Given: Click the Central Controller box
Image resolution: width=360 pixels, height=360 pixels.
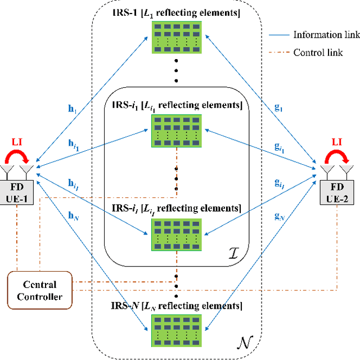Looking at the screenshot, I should click(39, 290).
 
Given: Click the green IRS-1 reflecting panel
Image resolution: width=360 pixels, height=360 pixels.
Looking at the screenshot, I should click(176, 38).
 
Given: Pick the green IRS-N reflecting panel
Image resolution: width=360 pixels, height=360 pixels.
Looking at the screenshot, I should click(176, 332).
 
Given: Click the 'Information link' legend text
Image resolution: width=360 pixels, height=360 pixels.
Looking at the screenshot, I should click(326, 34).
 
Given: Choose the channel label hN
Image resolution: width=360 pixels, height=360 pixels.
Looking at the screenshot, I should click(73, 217).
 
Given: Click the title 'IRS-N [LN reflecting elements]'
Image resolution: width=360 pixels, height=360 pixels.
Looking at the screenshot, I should click(176, 306).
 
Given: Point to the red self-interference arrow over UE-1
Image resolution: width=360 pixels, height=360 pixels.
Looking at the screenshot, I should click(19, 156).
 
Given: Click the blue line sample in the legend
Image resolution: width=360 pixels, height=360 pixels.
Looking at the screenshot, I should click(275, 35).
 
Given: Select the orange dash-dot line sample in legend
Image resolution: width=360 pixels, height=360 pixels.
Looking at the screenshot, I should click(275, 53).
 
